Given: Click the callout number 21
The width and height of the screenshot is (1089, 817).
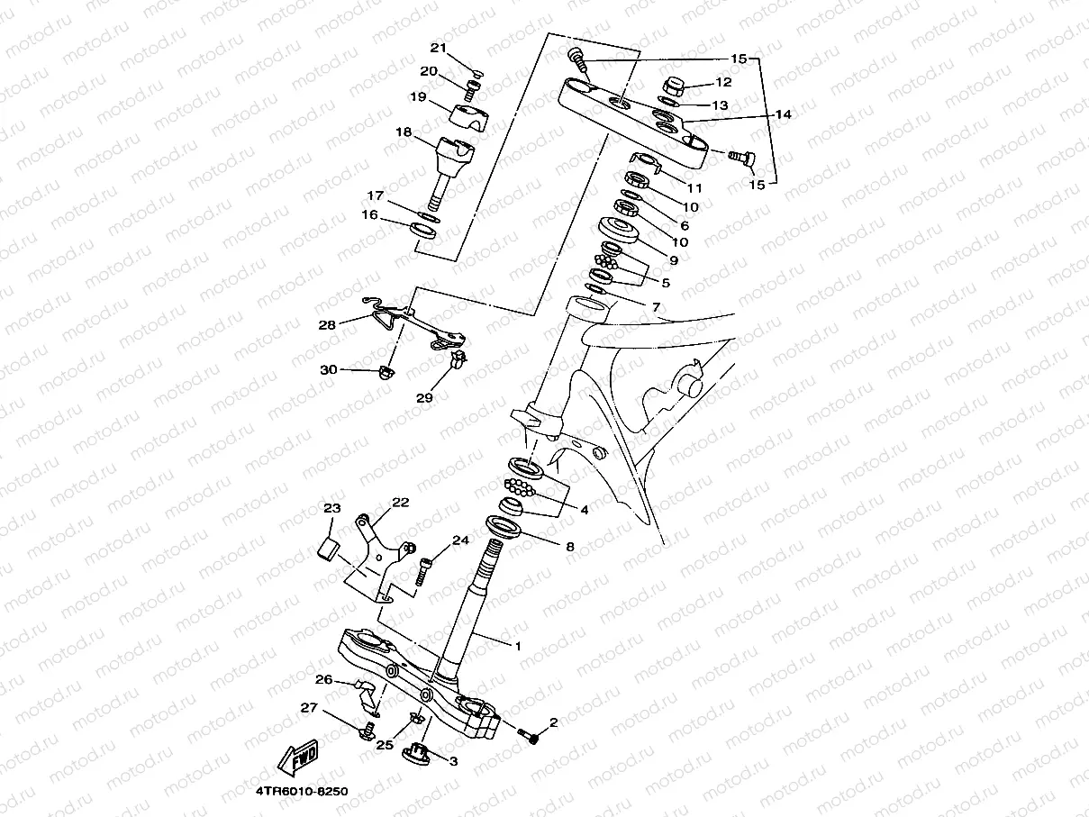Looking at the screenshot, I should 438,48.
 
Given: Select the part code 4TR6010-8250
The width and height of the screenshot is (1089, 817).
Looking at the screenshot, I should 301,792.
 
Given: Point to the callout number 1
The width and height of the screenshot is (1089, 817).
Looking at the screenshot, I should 518,646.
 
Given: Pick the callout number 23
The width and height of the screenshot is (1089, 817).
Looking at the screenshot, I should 332,509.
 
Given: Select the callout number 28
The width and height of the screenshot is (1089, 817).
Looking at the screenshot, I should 326,324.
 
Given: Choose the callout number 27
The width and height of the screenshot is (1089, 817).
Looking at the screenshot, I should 309,708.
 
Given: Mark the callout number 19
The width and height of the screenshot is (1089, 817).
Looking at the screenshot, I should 418,96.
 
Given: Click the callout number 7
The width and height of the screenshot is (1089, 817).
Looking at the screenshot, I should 656,307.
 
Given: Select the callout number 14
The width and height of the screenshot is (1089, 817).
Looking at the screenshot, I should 783,114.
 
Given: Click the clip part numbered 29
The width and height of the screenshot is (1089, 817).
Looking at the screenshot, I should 458,361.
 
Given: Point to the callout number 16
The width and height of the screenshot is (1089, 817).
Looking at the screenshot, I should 369,214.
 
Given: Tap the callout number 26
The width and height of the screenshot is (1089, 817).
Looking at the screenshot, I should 323,679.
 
